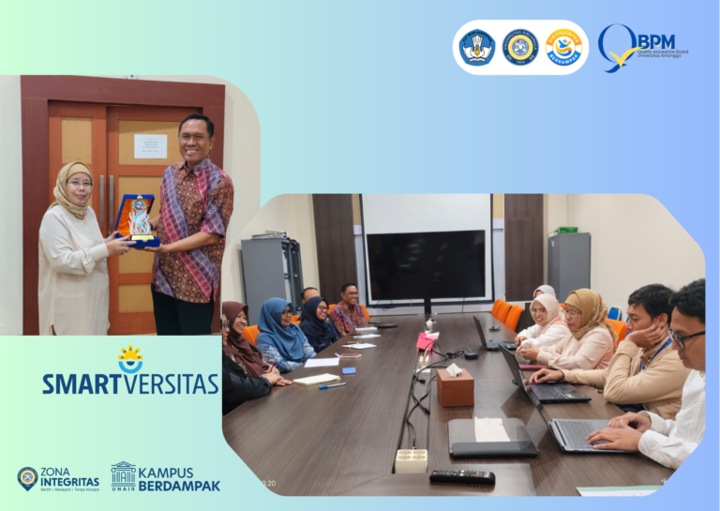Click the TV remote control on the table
[461, 476]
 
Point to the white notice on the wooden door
[150, 145]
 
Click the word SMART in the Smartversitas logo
[83, 383]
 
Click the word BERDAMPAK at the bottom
[179, 486]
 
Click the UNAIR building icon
[123, 474]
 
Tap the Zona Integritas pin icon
[27, 478]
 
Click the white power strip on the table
[411, 459]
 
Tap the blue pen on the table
[332, 385]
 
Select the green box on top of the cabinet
[565, 229]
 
